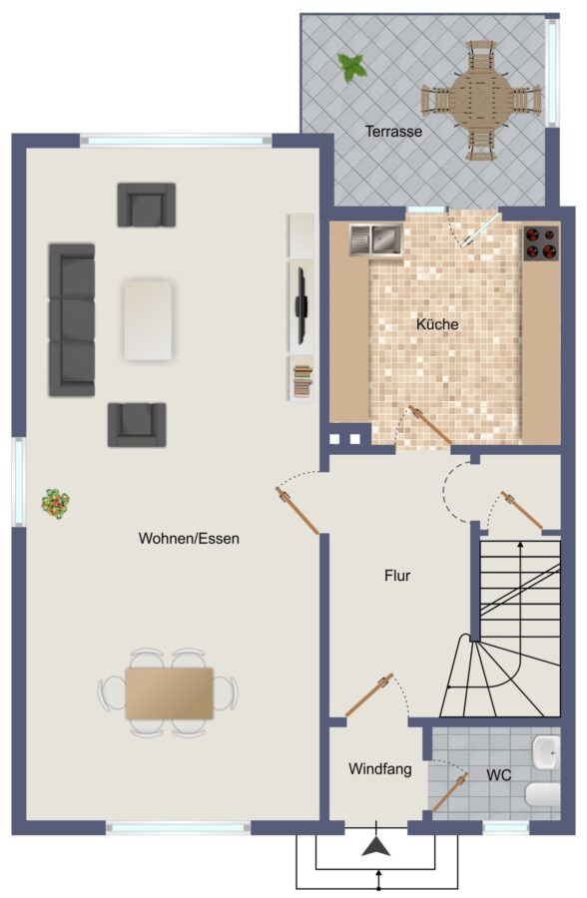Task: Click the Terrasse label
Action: point(393,131)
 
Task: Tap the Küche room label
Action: point(437,324)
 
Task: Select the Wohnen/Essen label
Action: point(189,539)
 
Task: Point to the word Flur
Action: point(397,575)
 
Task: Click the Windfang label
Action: point(380,768)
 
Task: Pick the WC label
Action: point(499,775)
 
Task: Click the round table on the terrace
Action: point(481,100)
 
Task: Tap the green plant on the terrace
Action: point(352,67)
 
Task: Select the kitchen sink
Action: point(376,239)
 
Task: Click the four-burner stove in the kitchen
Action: point(541,243)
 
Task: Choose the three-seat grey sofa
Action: point(72,319)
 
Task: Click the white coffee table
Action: point(148,320)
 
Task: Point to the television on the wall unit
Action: point(300,306)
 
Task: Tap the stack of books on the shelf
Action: point(302,380)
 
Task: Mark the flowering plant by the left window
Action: point(56,504)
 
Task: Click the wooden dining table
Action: point(169,693)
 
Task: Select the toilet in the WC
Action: point(542,795)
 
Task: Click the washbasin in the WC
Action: point(545,752)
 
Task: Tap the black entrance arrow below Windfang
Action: point(376,846)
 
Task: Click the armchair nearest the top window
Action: point(147,205)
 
